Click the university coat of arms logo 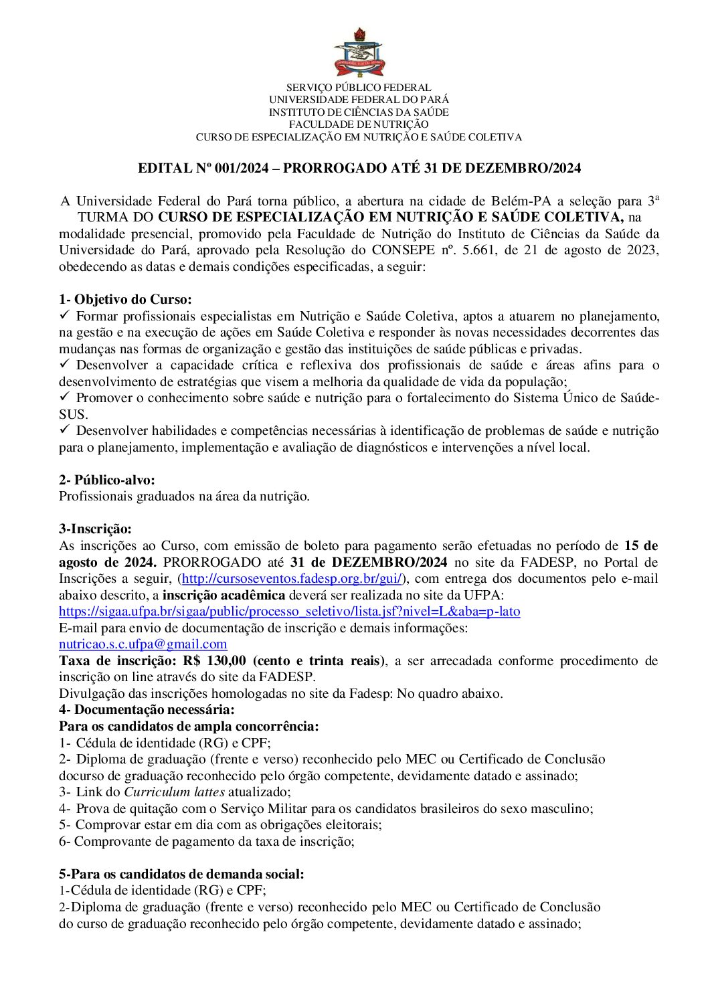tap(359, 54)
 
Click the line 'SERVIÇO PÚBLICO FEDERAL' tap(359, 88)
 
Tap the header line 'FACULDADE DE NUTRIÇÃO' tap(359, 124)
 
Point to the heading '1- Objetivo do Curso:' tap(125, 300)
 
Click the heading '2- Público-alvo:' tap(107, 480)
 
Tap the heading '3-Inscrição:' tap(96, 529)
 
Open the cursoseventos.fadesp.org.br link tap(292, 579)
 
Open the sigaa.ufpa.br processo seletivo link tap(289, 612)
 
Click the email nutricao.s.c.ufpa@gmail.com tap(143, 644)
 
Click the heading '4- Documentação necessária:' tap(147, 710)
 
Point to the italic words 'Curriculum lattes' tap(174, 792)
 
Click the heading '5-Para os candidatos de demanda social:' tap(181, 874)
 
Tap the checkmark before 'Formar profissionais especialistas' tap(65, 315)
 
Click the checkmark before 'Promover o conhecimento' tap(65, 397)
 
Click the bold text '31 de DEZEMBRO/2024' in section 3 tap(369, 563)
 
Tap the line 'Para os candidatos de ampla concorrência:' tap(189, 727)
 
